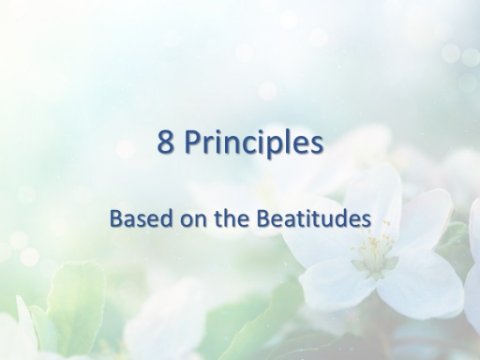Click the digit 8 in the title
point(166,142)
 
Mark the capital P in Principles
point(193,142)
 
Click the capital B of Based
point(116,219)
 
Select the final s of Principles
point(316,145)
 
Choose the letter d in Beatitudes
point(342,218)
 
